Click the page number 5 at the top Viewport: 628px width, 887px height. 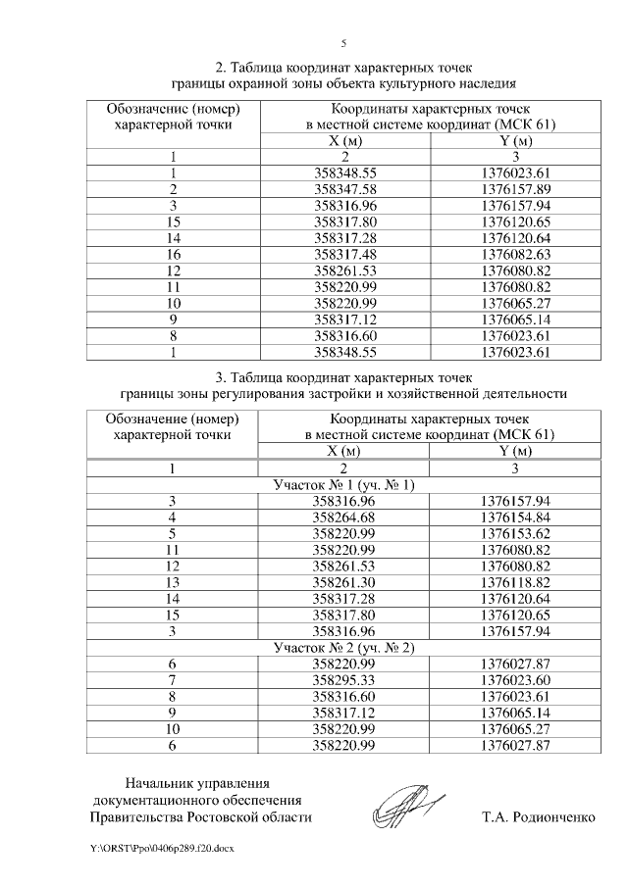coord(343,44)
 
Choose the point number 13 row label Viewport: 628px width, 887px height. coord(173,582)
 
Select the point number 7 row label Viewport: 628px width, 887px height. coord(173,680)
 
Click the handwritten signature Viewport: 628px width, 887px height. coord(409,809)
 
